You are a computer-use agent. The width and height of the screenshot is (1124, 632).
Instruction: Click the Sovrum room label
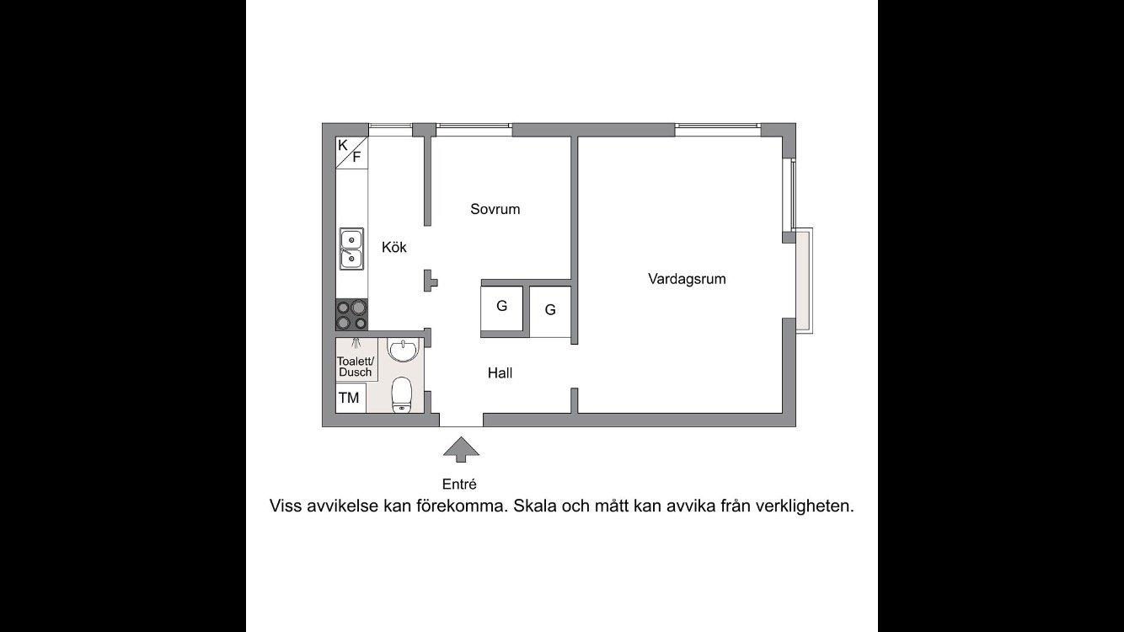pyautogui.click(x=495, y=209)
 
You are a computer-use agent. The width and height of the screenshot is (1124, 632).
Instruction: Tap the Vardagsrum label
pyautogui.click(x=687, y=278)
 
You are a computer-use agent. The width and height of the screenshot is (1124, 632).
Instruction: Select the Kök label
pyautogui.click(x=394, y=247)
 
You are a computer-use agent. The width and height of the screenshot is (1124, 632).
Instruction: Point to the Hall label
pyautogui.click(x=500, y=372)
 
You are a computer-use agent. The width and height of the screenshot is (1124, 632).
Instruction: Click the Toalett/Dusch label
pyautogui.click(x=356, y=367)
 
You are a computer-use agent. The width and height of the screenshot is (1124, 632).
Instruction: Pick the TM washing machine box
pyautogui.click(x=349, y=398)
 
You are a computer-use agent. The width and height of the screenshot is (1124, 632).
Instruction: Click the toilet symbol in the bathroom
pyautogui.click(x=403, y=394)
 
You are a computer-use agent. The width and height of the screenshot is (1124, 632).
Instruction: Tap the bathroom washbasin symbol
pyautogui.click(x=404, y=349)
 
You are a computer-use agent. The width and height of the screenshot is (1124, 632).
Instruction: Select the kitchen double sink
pyautogui.click(x=351, y=249)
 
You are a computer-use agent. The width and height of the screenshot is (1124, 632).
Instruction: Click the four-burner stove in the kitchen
pyautogui.click(x=352, y=314)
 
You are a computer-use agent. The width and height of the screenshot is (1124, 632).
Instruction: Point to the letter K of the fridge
pyautogui.click(x=343, y=145)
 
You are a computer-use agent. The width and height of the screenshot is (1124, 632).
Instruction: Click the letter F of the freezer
pyautogui.click(x=356, y=157)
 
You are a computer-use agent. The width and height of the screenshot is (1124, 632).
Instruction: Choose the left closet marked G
pyautogui.click(x=501, y=306)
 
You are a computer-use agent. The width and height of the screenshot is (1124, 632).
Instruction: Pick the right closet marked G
pyautogui.click(x=550, y=310)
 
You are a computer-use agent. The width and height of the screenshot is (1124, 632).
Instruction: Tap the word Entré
pyautogui.click(x=460, y=484)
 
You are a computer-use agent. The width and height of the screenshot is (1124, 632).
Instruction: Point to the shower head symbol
pyautogui.click(x=357, y=343)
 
